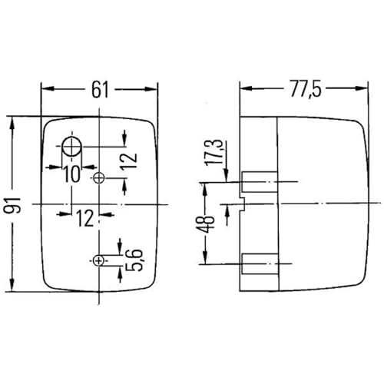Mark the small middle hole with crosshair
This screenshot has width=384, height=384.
click(x=98, y=178)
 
